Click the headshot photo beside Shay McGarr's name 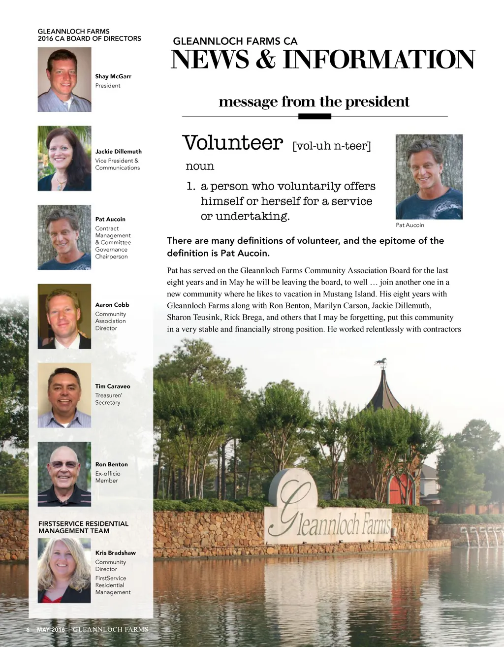pyautogui.click(x=64, y=79)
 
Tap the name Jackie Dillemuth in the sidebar pyautogui.click(x=118, y=152)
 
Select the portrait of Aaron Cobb pyautogui.click(x=64, y=316)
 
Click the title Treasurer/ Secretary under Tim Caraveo pyautogui.click(x=108, y=399)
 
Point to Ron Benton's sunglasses pyautogui.click(x=64, y=464)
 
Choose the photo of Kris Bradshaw pyautogui.click(x=64, y=570)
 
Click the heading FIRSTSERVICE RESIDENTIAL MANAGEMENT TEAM pyautogui.click(x=83, y=527)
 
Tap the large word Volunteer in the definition pyautogui.click(x=233, y=143)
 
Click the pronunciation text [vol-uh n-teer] pyautogui.click(x=331, y=146)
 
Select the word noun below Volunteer pyautogui.click(x=200, y=166)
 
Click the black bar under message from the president pyautogui.click(x=315, y=117)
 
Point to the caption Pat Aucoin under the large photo pyautogui.click(x=410, y=225)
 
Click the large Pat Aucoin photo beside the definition pyautogui.click(x=429, y=177)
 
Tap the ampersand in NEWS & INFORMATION pyautogui.click(x=266, y=60)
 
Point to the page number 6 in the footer pyautogui.click(x=28, y=630)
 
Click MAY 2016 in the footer pyautogui.click(x=51, y=630)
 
